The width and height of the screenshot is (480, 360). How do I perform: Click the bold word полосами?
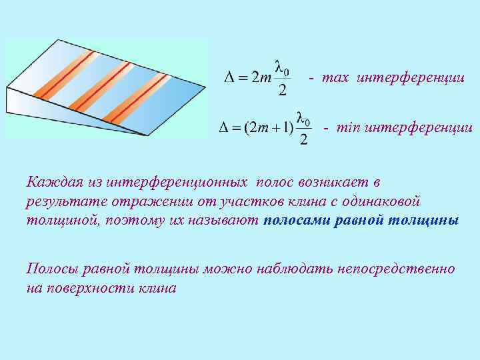coord(291,221)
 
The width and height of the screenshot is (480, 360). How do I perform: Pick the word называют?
coord(227,221)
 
